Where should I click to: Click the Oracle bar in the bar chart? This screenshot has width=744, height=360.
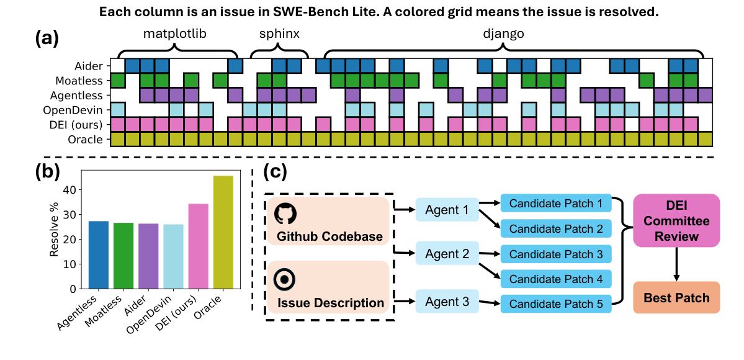click(x=223, y=232)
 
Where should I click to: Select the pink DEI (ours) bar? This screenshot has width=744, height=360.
click(x=199, y=246)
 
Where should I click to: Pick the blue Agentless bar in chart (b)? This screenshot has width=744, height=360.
click(x=99, y=255)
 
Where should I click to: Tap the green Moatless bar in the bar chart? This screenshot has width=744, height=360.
click(x=123, y=256)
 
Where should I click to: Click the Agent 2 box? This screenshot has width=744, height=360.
click(x=447, y=254)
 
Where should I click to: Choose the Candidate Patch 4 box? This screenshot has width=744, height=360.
click(x=555, y=279)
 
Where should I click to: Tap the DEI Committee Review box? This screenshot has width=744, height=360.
click(x=676, y=220)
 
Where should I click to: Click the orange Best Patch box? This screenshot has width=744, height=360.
click(x=676, y=298)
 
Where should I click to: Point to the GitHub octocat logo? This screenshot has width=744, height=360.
click(x=285, y=214)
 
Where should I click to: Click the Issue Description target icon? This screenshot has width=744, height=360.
click(x=284, y=279)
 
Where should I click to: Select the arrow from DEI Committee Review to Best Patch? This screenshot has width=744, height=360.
click(x=676, y=263)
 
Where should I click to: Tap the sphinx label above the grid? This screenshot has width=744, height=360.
click(x=279, y=34)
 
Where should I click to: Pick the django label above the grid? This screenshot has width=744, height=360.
click(x=503, y=34)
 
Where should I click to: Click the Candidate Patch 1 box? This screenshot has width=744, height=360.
click(x=555, y=203)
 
